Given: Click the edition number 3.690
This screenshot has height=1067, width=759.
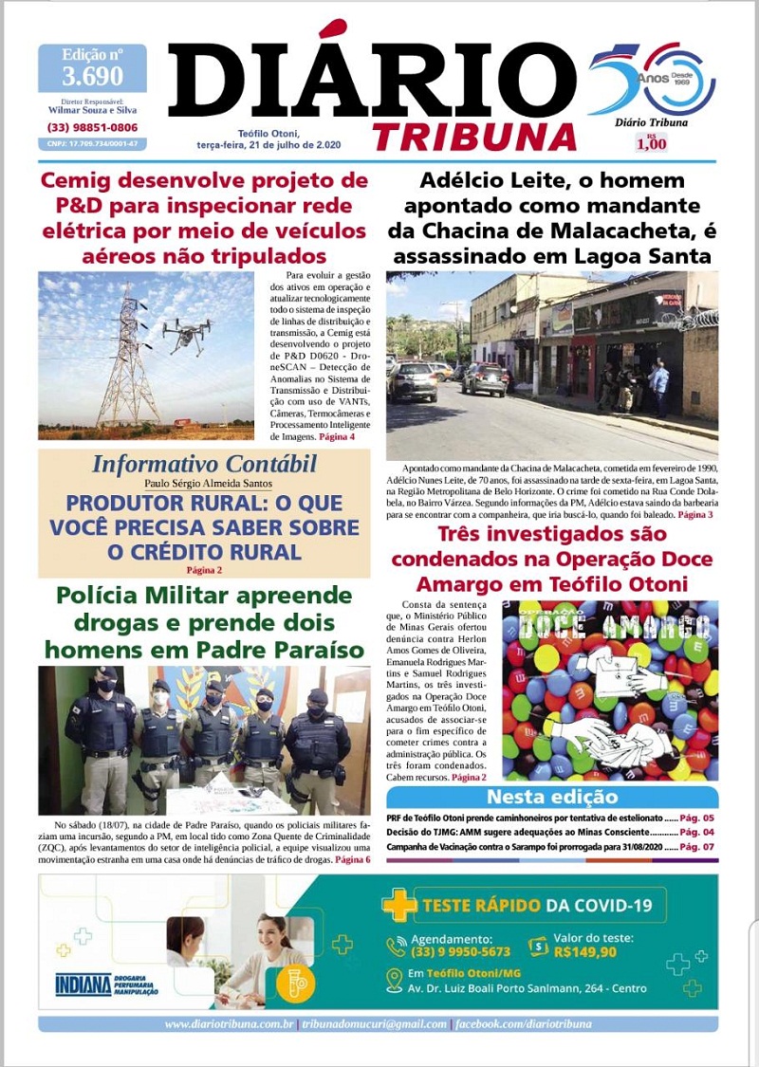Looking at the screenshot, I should click(92, 76).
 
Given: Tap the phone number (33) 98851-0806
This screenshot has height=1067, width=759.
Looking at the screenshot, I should click(92, 127).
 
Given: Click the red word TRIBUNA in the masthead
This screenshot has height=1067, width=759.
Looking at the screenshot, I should click(474, 137).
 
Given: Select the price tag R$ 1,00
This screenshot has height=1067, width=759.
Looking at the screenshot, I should click(652, 143).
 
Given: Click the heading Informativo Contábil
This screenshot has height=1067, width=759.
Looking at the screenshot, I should click(204, 465).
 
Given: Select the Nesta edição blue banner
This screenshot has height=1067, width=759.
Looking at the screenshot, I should click(551, 797).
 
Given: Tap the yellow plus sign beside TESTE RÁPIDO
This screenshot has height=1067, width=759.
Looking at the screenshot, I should click(399, 906).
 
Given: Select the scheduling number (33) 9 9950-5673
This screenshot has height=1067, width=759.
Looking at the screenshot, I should click(460, 951).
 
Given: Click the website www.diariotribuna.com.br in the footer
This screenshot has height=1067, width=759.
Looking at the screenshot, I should click(229, 1024).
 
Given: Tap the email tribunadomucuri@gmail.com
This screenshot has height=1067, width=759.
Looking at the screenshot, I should click(374, 1024).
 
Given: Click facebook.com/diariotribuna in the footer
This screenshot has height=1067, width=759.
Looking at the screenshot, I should click(525, 1024).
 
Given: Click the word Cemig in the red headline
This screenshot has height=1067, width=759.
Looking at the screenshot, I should click(81, 180).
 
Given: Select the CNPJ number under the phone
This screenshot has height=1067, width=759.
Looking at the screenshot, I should click(92, 143).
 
